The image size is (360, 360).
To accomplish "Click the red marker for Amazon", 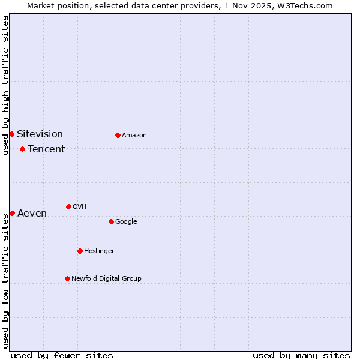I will [x=118, y=135].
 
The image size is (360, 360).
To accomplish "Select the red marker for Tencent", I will [x=22, y=149].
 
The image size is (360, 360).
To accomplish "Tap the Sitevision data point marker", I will [x=11, y=134].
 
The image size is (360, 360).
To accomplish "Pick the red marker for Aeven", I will [x=12, y=213].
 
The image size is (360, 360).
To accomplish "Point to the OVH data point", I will [x=68, y=206].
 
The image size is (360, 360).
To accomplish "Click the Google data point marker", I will [x=111, y=221].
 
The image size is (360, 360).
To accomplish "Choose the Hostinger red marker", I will [x=80, y=251].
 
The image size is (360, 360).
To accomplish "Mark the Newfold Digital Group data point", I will [x=67, y=278].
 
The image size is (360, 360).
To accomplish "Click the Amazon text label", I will [x=134, y=136].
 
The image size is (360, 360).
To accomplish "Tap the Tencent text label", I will [x=46, y=149].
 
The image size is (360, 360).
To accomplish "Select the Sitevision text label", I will [x=40, y=134].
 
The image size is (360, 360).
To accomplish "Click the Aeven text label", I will [x=32, y=214].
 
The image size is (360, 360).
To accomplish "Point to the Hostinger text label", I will [x=99, y=251].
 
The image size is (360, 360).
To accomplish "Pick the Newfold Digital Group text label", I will [x=106, y=279].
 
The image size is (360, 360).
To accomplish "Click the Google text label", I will [x=126, y=222].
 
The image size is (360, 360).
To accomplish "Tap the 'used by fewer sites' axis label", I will [x=62, y=355].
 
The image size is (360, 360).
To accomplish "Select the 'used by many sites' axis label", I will [x=301, y=355].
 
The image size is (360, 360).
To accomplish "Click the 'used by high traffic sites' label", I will [x=5, y=85].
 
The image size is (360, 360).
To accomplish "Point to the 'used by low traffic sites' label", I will [x=5, y=281].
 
